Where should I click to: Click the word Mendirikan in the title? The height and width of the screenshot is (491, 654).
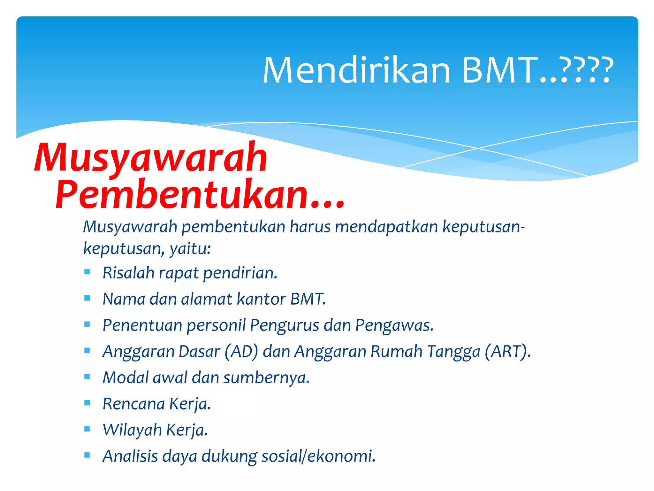click(356, 70)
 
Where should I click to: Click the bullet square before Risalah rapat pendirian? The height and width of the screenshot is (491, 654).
click(87, 272)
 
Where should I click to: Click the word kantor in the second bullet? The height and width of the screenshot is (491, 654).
click(261, 299)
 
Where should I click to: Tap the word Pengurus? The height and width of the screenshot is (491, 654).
click(284, 325)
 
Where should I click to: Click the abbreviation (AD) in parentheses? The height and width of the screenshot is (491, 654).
click(241, 352)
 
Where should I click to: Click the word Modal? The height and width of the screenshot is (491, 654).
click(125, 378)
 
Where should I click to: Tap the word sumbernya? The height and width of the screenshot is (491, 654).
click(266, 378)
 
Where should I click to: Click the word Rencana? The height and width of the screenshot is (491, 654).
click(133, 404)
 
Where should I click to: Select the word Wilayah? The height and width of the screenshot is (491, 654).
click(132, 430)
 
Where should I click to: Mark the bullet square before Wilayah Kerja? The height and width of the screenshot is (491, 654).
click(87, 429)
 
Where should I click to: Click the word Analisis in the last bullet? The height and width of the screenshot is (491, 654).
click(130, 456)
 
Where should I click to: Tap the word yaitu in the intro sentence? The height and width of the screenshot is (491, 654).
click(190, 249)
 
